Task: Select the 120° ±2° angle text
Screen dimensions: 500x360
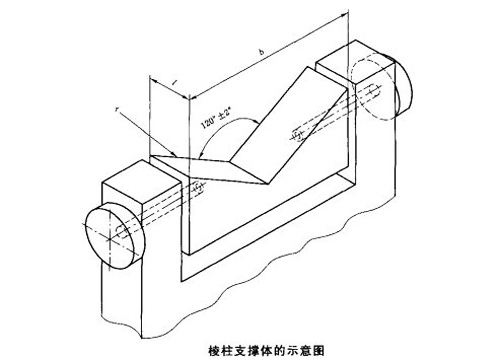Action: tap(213, 116)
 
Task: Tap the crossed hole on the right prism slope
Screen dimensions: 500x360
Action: tap(297, 131)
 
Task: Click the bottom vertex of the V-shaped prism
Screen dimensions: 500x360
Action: tap(263, 183)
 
